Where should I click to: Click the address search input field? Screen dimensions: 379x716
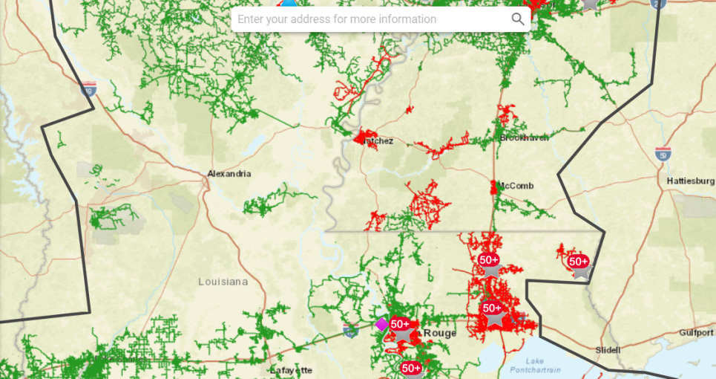[x=371, y=19]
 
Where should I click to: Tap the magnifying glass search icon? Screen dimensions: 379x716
[x=518, y=19]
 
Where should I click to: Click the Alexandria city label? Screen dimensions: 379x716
[x=229, y=174]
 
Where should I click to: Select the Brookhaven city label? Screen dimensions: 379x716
[x=525, y=138]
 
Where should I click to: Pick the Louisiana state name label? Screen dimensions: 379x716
[x=223, y=282]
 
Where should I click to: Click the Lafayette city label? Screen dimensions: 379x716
[x=291, y=370]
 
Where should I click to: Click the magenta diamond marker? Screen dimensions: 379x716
[x=381, y=324]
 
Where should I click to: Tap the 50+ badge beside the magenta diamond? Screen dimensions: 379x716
[x=400, y=324]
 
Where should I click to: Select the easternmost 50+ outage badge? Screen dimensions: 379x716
[x=578, y=262]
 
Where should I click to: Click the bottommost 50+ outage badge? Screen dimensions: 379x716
[x=411, y=368]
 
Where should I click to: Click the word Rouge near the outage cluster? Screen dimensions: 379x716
[x=439, y=334]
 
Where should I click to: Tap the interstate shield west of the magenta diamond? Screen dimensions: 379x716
[x=349, y=328]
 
